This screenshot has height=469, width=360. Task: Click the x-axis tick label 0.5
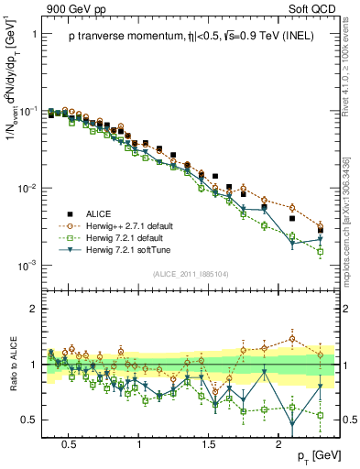[x=68, y=441]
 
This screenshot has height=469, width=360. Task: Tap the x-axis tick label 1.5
[x=210, y=441]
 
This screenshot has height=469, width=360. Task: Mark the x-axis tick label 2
[x=280, y=441]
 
